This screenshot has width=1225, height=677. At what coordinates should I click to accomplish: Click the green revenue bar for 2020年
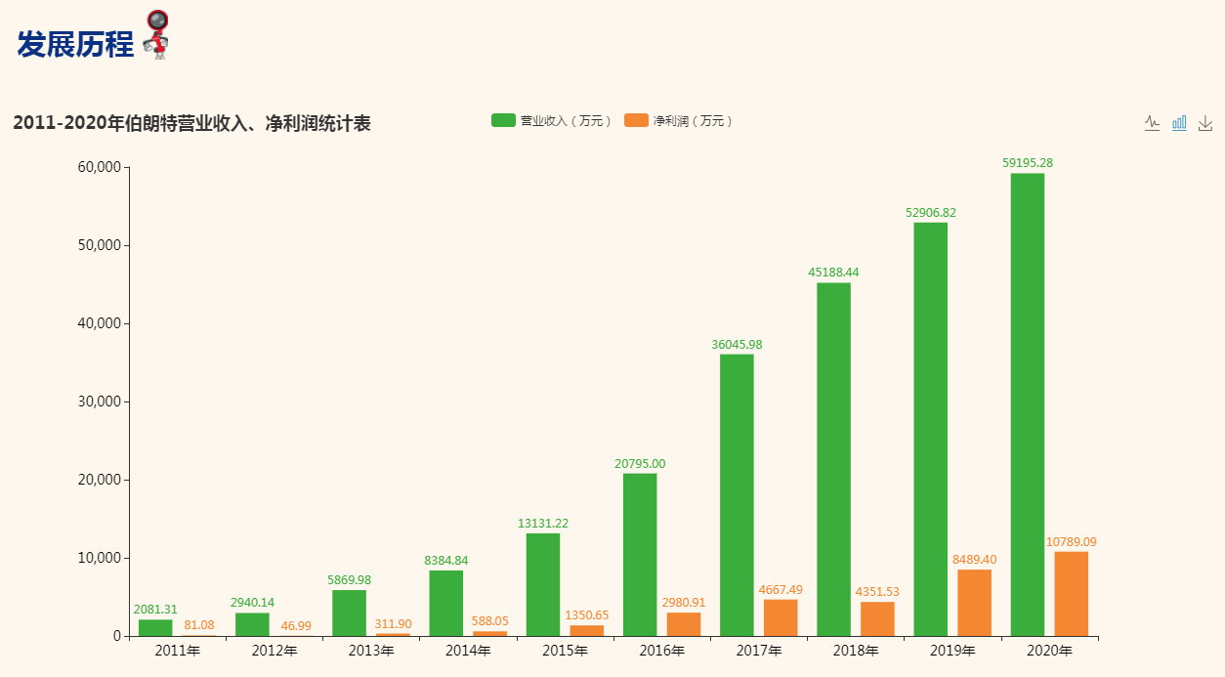(1027, 404)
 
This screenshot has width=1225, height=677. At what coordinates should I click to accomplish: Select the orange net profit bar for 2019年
(974, 603)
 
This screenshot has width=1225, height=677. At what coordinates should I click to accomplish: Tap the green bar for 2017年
(737, 495)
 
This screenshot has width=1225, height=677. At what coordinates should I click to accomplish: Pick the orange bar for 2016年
(684, 624)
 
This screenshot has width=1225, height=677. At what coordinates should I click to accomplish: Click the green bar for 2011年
(155, 628)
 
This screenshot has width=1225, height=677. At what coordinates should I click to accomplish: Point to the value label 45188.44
(833, 273)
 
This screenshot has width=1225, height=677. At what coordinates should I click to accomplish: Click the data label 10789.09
(1071, 542)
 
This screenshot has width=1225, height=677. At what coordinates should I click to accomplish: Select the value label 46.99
(296, 625)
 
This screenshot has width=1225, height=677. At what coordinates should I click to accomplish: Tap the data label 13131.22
(543, 524)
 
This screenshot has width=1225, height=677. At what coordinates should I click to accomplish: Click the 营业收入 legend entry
(552, 121)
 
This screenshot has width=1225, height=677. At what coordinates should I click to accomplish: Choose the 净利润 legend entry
(678, 121)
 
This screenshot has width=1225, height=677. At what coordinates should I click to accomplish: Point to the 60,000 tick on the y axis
(99, 167)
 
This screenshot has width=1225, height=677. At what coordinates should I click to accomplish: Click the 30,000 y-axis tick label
(99, 402)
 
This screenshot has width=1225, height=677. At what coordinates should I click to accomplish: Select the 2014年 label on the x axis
(468, 651)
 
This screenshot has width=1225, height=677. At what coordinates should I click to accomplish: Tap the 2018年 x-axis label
(856, 651)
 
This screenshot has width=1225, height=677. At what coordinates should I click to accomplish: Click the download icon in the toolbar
(1205, 123)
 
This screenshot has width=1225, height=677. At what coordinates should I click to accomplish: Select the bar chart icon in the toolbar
(1179, 123)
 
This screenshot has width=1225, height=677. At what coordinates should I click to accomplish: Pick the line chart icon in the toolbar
(1153, 123)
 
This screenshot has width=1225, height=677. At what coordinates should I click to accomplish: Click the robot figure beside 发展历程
(156, 35)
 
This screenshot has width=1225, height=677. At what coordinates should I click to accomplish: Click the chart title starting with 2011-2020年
(191, 124)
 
